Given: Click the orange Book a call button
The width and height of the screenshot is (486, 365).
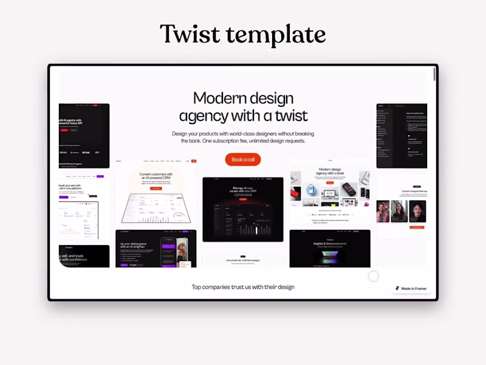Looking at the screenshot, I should (243, 159).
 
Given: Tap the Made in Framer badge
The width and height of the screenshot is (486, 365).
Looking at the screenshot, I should (411, 288).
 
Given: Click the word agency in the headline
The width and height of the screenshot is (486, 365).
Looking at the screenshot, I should (204, 115).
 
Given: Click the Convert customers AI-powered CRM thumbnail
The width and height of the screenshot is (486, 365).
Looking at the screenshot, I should (156, 192).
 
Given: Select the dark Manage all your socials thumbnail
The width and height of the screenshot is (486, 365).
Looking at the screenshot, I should (243, 209).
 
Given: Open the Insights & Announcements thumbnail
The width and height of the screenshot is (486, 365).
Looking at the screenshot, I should (330, 248).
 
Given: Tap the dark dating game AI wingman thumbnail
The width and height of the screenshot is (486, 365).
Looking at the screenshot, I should (156, 248).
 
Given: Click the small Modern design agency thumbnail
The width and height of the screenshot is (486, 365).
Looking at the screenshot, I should (330, 191).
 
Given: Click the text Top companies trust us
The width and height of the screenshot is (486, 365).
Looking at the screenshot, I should (243, 287).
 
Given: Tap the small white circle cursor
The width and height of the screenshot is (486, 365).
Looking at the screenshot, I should (374, 276).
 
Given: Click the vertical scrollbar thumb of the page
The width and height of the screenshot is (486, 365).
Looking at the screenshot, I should (434, 74).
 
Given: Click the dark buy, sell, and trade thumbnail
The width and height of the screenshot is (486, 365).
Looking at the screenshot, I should (84, 256).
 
